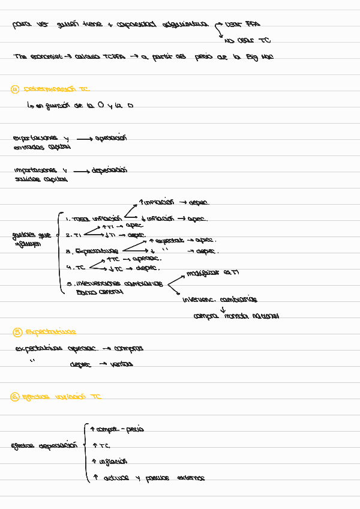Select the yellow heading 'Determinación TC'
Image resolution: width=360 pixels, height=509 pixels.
pyautogui.click(x=56, y=89)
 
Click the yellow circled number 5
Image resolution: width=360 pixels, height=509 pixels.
pyautogui.click(x=17, y=332)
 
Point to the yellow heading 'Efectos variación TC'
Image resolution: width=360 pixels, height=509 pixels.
pyautogui.click(x=61, y=397)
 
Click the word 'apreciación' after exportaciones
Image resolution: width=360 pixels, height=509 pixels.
pyautogui.click(x=111, y=138)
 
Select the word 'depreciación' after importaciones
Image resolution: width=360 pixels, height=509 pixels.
pyautogui.click(x=109, y=170)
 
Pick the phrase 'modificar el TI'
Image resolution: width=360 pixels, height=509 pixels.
pyautogui.click(x=212, y=273)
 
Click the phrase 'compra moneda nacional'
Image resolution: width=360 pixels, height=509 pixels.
pyautogui.click(x=236, y=316)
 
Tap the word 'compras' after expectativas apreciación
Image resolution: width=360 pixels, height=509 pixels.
pyautogui.click(x=128, y=348)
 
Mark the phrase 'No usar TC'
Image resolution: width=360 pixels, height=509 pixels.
pyautogui.click(x=247, y=40)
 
